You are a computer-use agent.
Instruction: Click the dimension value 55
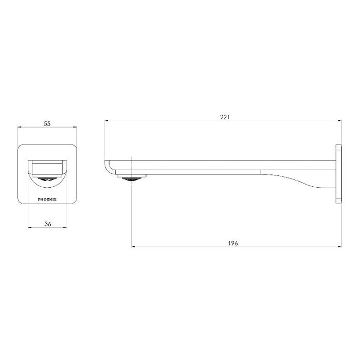[x=47, y=124]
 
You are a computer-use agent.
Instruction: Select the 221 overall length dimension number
[x=224, y=117]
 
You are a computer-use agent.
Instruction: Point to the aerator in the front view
[x=47, y=180]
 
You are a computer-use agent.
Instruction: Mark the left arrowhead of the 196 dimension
[x=134, y=247]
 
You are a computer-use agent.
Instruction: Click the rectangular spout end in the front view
[x=47, y=167]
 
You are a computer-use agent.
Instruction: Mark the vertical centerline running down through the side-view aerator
[x=133, y=216]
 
